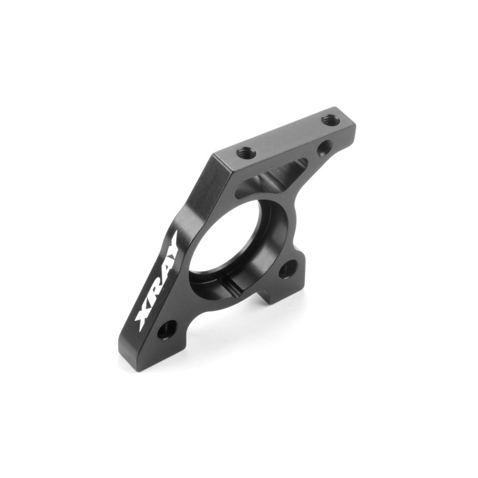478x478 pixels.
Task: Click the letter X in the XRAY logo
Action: [143, 317]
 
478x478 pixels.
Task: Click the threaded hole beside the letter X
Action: [167, 330]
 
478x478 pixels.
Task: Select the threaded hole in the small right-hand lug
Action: [287, 269]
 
